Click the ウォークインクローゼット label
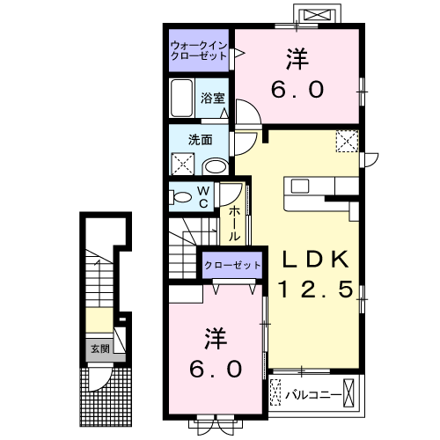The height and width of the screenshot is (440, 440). click(x=199, y=49)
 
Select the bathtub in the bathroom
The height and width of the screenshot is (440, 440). click(x=183, y=98)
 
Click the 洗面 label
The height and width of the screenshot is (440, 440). click(x=200, y=139)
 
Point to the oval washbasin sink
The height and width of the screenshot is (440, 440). click(x=215, y=165)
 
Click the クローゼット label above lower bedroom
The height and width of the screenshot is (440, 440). click(x=233, y=266)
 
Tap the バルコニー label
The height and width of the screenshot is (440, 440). click(x=312, y=392)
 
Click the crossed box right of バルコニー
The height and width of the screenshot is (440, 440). click(x=352, y=390)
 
